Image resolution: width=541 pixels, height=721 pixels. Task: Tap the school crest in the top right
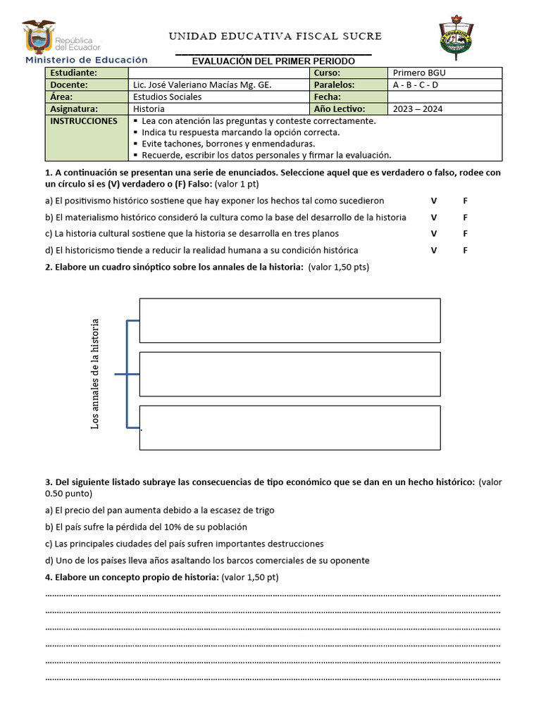456,38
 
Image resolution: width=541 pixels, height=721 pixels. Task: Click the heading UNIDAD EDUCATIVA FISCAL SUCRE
275,36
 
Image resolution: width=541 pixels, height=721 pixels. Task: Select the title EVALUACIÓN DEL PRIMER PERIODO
274,61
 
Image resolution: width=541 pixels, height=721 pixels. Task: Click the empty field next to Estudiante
219,73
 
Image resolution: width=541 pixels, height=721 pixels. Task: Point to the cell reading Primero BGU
444,73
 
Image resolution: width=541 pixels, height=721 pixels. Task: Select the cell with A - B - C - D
444,85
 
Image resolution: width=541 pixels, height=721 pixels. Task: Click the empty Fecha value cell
444,97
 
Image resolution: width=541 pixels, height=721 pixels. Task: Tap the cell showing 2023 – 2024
444,109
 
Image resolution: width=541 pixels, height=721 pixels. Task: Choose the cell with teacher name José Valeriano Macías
219,85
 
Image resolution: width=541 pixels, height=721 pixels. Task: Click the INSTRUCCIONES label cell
87,121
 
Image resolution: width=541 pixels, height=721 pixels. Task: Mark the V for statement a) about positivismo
434,201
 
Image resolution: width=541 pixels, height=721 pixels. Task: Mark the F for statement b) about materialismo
465,218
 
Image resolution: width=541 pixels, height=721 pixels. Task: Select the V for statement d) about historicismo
434,251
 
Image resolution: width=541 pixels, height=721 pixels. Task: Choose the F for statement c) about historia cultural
465,234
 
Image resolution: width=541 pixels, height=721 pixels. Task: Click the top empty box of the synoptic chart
290,320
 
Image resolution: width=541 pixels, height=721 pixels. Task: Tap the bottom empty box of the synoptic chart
290,427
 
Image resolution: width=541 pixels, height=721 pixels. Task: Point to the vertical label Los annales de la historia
96,374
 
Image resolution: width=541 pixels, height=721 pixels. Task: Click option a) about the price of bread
160,510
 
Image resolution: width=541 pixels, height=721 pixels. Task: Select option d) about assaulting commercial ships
207,560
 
